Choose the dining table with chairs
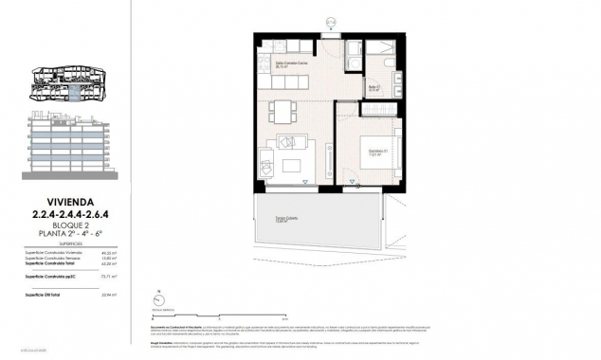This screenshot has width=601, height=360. pos(282,112)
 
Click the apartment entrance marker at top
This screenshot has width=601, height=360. pos(330,21)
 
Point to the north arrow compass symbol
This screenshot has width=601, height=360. pos(153,297)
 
